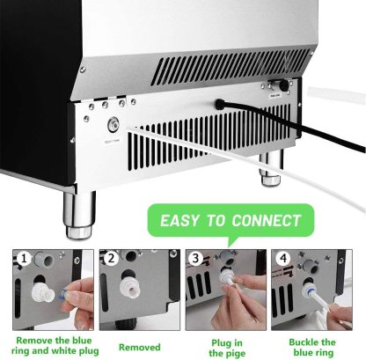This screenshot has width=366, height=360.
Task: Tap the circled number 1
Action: (22, 258)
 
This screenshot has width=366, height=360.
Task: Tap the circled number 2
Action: (110, 258)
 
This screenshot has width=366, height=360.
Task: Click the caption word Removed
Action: (139, 347)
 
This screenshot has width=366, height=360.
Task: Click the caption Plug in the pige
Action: (227, 346)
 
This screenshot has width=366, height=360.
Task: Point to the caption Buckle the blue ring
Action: (315, 346)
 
